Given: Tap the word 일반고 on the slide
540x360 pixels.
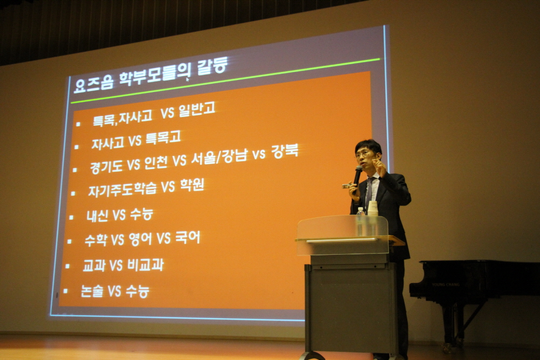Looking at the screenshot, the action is pyautogui.click(x=197, y=110).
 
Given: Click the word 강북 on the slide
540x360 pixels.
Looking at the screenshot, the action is pyautogui.click(x=285, y=151).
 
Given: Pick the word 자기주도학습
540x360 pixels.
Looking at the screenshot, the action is pyautogui.click(x=122, y=189).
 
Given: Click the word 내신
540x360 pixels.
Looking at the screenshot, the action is pyautogui.click(x=97, y=216).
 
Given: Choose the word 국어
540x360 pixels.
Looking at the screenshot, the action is pyautogui.click(x=188, y=237).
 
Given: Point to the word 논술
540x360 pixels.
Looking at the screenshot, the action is pyautogui.click(x=92, y=291).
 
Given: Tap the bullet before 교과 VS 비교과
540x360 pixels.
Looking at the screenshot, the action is pyautogui.click(x=67, y=266).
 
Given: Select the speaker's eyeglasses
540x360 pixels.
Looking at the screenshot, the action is pyautogui.click(x=364, y=154).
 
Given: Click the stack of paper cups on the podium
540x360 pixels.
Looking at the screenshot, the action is pyautogui.click(x=373, y=208).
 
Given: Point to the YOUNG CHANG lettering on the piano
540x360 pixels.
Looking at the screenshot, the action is pyautogui.click(x=446, y=284).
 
